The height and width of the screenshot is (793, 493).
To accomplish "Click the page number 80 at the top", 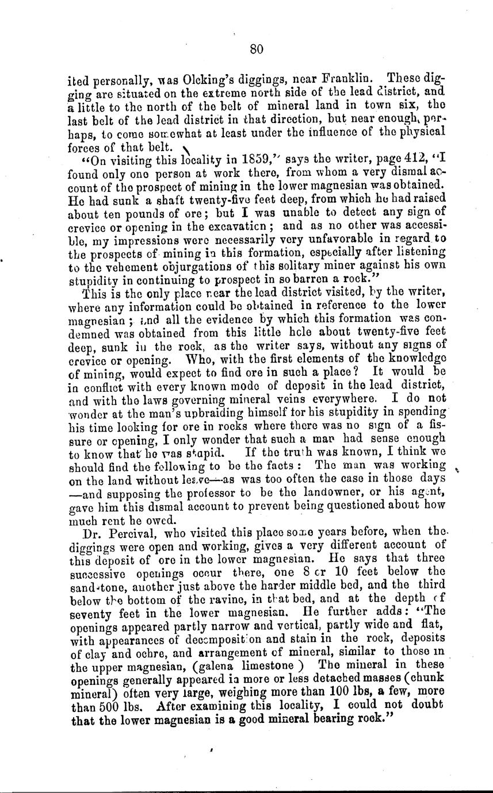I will point(257,50).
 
